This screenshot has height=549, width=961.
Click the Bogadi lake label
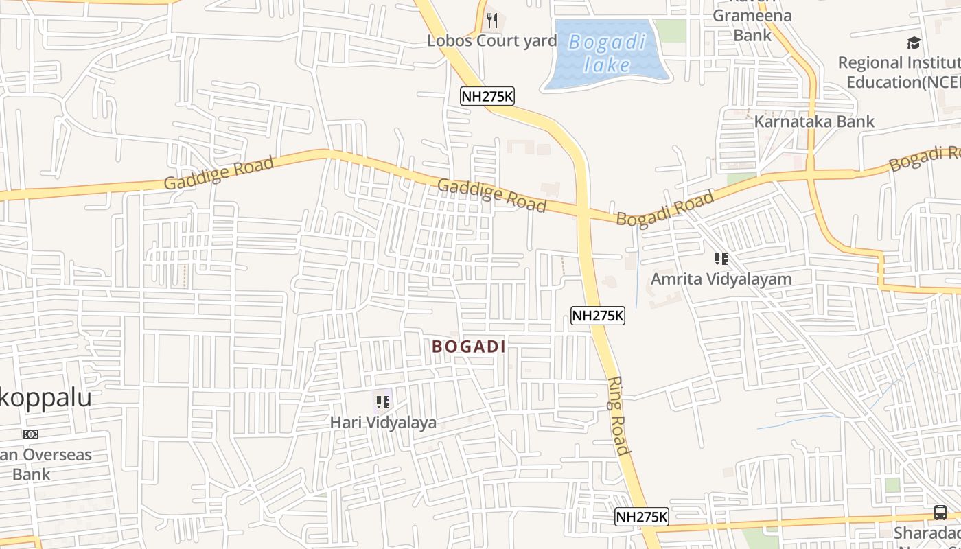pyautogui.click(x=607, y=54)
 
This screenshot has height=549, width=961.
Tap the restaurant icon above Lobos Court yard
pyautogui.click(x=491, y=21)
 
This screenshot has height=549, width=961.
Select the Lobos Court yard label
pyautogui.click(x=491, y=40)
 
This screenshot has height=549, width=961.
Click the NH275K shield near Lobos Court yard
pyautogui.click(x=487, y=97)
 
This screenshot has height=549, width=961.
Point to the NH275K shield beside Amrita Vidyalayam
pyautogui.click(x=597, y=316)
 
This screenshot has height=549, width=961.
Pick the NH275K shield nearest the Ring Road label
pyautogui.click(x=641, y=517)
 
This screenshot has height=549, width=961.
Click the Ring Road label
pyautogui.click(x=618, y=416)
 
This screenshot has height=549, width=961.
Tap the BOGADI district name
pyautogui.click(x=469, y=347)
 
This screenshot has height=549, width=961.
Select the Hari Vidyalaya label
pyautogui.click(x=383, y=422)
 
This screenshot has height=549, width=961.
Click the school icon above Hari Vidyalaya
pyautogui.click(x=383, y=402)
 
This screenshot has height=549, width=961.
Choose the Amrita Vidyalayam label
pyautogui.click(x=721, y=279)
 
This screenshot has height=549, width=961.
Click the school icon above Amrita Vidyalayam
pyautogui.click(x=721, y=259)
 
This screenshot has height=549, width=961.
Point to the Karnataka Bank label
pyautogui.click(x=814, y=121)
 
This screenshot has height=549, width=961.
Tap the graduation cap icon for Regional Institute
pyautogui.click(x=914, y=43)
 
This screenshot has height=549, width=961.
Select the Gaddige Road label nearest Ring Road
pyautogui.click(x=491, y=195)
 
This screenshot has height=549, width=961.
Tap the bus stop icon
pyautogui.click(x=940, y=512)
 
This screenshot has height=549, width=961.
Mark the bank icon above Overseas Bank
pyautogui.click(x=31, y=434)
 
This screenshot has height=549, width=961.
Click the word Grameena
pyautogui.click(x=752, y=16)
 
